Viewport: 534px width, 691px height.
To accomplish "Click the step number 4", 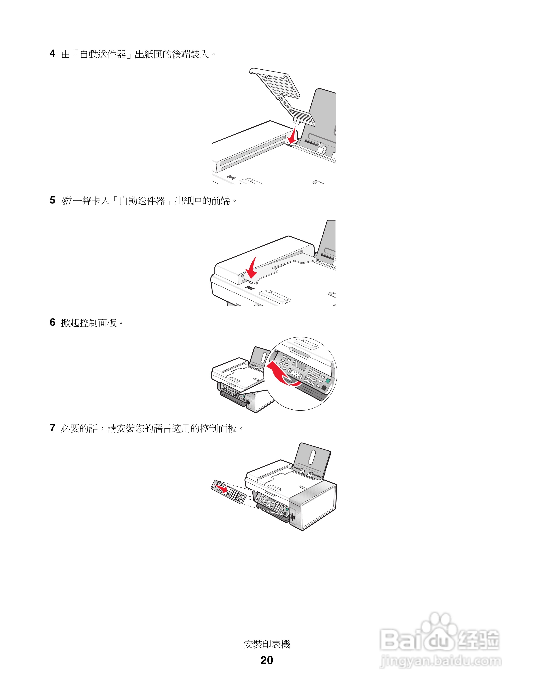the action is [53, 53].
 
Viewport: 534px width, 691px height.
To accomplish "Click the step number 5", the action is [53, 200].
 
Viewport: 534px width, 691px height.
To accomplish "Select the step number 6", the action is [53, 322].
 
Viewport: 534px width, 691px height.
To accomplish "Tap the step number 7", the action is [53, 428].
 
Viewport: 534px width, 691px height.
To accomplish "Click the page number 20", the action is [267, 660].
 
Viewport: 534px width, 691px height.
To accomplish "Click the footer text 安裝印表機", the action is [267, 644].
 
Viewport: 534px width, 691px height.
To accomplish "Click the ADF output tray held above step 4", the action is [282, 95].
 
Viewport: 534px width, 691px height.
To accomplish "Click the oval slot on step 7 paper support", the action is [312, 457].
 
